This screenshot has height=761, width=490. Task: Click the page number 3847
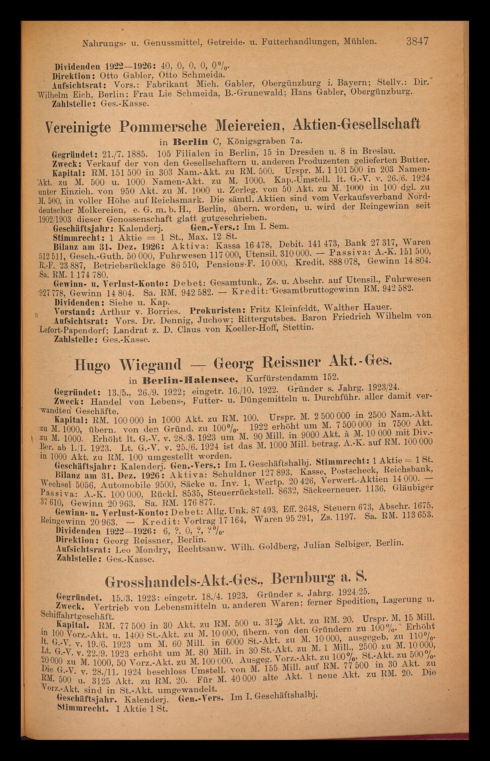417,41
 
